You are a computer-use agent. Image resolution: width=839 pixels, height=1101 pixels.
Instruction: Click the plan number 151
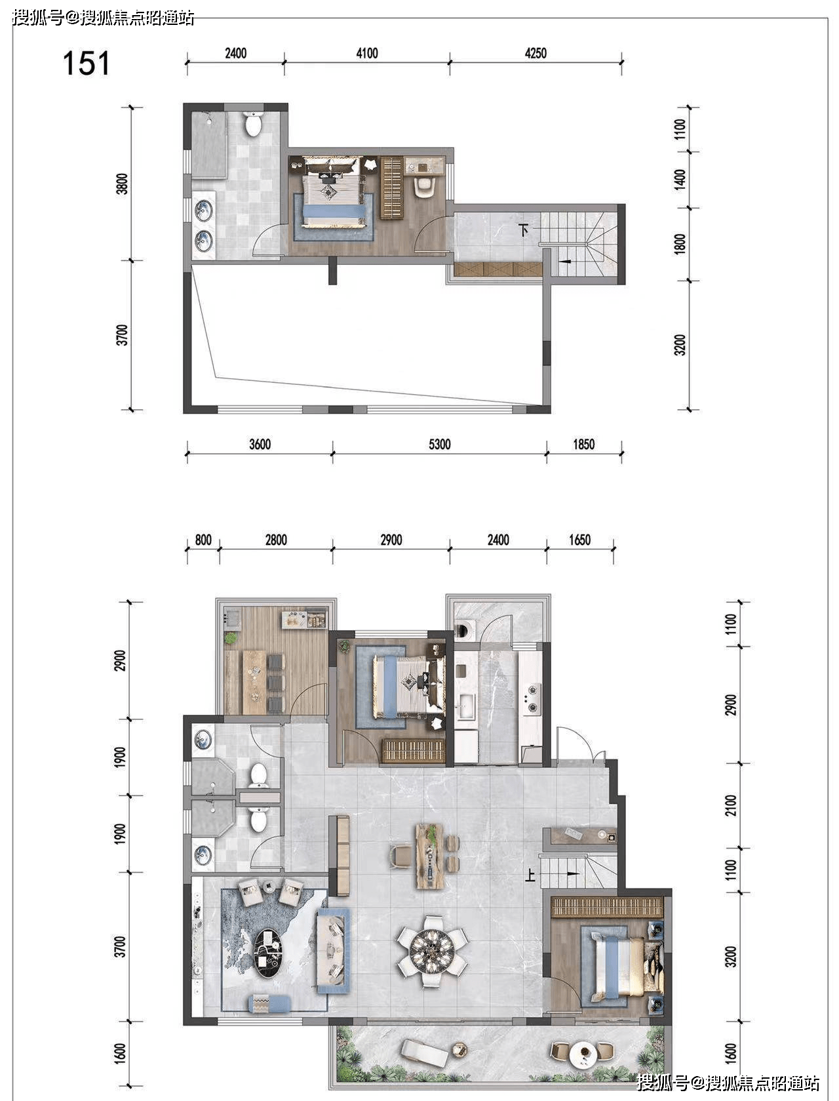point(86,64)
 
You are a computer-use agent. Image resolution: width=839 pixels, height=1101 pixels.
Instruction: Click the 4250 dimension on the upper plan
point(536,53)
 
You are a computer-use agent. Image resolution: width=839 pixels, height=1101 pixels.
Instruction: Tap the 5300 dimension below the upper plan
point(439,445)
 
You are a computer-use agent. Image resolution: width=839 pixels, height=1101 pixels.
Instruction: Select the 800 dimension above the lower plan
point(203,540)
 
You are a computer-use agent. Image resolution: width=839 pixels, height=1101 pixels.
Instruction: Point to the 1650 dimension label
point(579,540)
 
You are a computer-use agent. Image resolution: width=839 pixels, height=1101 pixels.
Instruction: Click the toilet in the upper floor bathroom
point(254,123)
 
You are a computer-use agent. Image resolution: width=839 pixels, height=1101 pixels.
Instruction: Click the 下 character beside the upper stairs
point(524,230)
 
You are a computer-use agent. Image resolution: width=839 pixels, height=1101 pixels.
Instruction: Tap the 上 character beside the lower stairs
point(530,875)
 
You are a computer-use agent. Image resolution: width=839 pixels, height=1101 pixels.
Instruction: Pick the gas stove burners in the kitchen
point(531,698)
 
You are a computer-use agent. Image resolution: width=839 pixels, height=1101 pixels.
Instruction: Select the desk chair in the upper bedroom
point(425,186)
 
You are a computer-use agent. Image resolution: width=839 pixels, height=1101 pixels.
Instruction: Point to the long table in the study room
point(254,682)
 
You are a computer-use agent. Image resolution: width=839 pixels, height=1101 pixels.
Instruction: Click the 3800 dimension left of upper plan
point(122,184)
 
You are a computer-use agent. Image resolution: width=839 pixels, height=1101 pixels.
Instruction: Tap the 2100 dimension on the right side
point(732,805)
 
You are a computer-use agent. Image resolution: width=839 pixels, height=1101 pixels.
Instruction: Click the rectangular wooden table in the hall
point(429,856)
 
